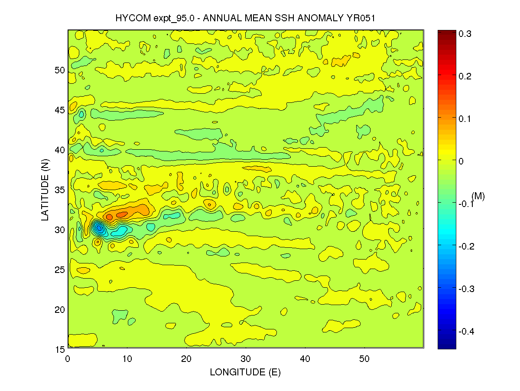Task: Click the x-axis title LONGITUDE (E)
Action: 245,372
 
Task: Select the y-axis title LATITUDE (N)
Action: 45,190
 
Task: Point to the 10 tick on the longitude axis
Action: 127,359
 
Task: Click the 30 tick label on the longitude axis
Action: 246,359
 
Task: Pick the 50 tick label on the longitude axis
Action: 364,359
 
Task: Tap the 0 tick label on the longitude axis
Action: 68,359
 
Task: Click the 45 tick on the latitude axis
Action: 59,110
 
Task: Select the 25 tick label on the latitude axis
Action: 59,269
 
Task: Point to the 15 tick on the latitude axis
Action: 59,349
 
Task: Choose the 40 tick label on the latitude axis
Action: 59,150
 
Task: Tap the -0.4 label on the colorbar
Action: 465,332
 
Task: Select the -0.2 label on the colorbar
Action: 465,246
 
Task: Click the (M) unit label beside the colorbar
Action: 478,196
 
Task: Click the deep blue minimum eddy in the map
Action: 99,228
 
